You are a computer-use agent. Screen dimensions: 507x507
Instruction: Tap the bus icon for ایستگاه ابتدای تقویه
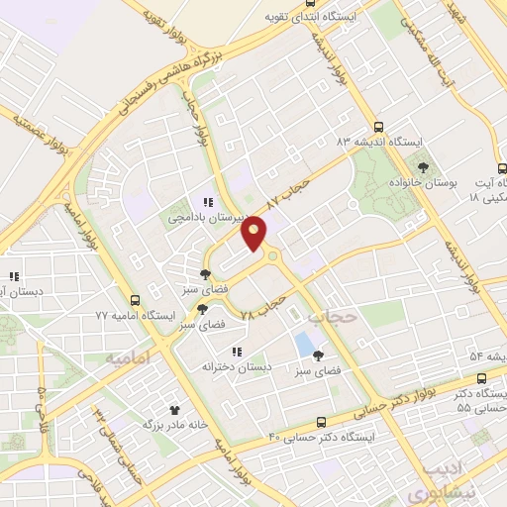coord(270,17)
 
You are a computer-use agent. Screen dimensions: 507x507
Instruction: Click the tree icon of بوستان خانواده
coord(423,167)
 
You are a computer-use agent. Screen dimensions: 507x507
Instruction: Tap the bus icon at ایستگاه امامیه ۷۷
coord(135,299)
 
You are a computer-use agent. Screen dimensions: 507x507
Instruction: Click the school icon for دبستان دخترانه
coord(235,351)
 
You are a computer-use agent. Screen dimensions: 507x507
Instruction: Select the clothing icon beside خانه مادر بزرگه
coord(174,408)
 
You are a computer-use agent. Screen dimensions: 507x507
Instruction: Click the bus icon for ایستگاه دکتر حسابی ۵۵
coord(481,377)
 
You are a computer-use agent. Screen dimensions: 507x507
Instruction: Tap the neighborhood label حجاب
coord(330,317)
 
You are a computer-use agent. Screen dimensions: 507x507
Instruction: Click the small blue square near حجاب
coord(303,345)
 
